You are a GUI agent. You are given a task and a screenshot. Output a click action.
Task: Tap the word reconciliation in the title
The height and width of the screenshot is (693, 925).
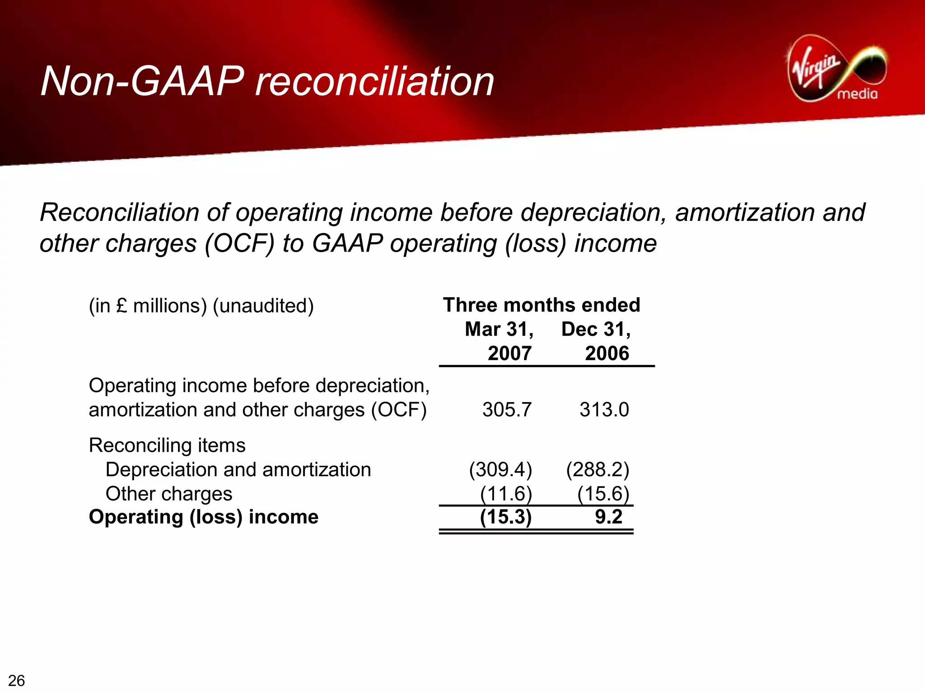pyautogui.click(x=374, y=81)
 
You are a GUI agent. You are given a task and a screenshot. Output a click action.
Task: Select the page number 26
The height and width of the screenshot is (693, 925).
pyautogui.click(x=17, y=680)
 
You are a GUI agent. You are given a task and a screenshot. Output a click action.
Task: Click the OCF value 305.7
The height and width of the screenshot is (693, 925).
pyautogui.click(x=507, y=410)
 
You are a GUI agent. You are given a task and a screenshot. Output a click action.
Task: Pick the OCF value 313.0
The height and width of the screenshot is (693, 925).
pyautogui.click(x=604, y=410)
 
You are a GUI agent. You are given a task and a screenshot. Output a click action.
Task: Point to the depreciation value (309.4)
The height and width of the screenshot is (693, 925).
pyautogui.click(x=500, y=469)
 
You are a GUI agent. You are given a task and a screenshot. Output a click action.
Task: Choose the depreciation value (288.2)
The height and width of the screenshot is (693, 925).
pyautogui.click(x=598, y=469)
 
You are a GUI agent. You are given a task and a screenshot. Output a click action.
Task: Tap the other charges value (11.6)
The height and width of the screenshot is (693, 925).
pyautogui.click(x=506, y=493)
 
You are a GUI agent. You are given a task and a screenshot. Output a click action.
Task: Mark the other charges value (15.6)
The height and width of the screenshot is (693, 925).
pyautogui.click(x=603, y=493)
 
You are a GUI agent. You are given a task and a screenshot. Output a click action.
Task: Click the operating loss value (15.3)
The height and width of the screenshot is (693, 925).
pyautogui.click(x=506, y=517)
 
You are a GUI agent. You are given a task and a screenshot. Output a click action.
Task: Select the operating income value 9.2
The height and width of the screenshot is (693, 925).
pyautogui.click(x=608, y=517)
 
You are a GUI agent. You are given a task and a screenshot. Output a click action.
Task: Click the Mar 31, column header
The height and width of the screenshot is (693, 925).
pyautogui.click(x=499, y=329)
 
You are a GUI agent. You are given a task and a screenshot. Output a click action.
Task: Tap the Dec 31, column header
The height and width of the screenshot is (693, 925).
pyautogui.click(x=596, y=329)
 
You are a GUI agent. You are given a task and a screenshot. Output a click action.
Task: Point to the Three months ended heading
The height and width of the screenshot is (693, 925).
pyautogui.click(x=542, y=305)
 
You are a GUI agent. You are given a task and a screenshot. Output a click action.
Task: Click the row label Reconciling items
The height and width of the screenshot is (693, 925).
pyautogui.click(x=167, y=445)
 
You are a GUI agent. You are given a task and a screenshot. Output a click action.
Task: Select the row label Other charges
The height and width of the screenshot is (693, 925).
pyautogui.click(x=169, y=494)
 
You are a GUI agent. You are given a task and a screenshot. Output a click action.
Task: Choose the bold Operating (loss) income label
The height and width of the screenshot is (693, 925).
pyautogui.click(x=204, y=517)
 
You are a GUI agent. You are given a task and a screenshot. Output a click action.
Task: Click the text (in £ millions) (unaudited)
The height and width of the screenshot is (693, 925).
pyautogui.click(x=201, y=306)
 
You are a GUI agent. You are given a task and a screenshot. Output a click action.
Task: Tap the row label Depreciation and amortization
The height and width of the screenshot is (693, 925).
pyautogui.click(x=238, y=470)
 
